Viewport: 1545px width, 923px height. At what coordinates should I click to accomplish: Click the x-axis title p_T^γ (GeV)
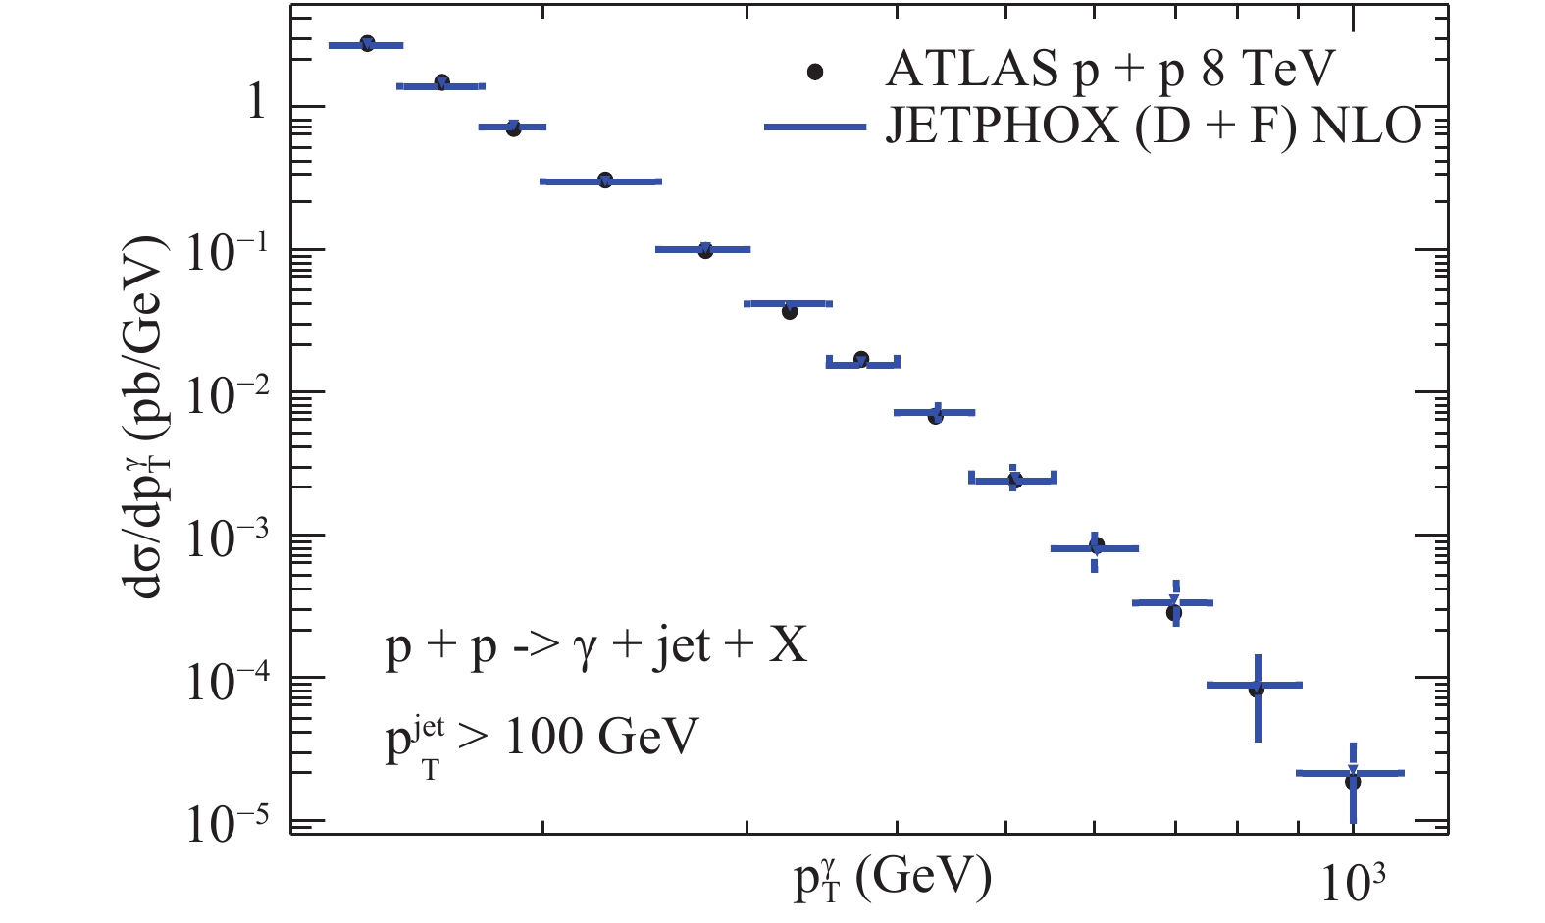[x=892, y=877]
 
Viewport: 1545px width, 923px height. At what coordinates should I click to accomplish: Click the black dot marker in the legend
[x=814, y=72]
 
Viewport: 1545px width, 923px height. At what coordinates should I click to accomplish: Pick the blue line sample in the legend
[x=814, y=127]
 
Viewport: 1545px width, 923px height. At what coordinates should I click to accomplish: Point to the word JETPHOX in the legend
[x=1002, y=126]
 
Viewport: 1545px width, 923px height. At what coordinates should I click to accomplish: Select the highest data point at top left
[x=367, y=43]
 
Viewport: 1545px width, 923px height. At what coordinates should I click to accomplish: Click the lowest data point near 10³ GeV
[x=1353, y=781]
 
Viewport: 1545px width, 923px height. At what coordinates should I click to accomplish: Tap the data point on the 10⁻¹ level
[x=705, y=250]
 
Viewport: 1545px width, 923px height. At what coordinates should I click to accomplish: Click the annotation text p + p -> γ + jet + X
[x=596, y=647]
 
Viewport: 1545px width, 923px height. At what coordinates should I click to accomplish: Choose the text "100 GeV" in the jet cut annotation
[x=601, y=737]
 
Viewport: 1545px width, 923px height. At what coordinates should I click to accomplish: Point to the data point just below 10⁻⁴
[x=1257, y=690]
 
